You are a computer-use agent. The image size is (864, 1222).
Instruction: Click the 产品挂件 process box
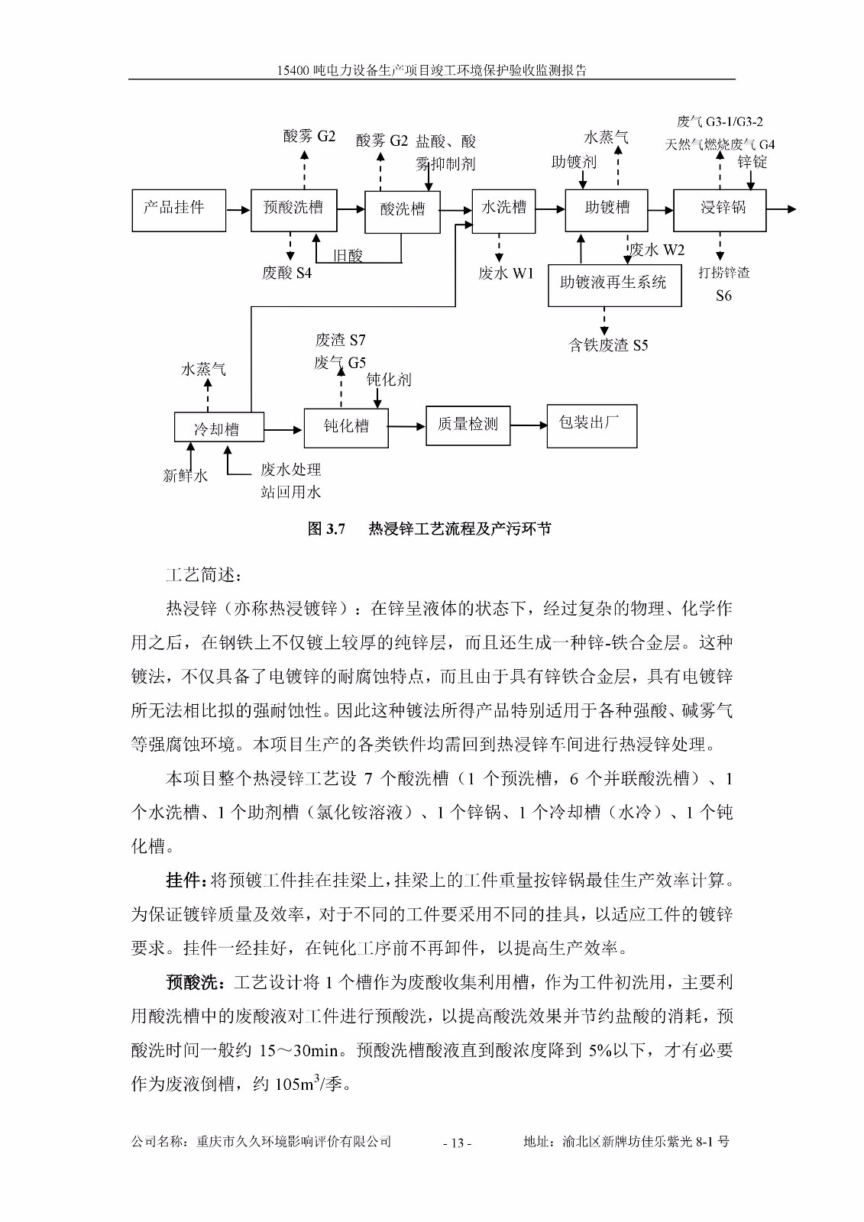(x=179, y=210)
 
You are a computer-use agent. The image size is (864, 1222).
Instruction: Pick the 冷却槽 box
(x=218, y=428)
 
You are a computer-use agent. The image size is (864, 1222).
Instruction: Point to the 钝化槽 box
(x=346, y=427)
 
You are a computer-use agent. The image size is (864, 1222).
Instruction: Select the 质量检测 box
(x=468, y=425)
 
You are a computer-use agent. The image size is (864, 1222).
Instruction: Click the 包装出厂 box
(x=591, y=425)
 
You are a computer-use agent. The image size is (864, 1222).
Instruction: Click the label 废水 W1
(x=506, y=273)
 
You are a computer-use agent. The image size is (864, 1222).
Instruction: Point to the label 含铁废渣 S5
(x=608, y=346)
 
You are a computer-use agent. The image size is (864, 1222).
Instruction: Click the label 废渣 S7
(x=340, y=341)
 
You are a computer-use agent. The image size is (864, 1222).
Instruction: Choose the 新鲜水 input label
(x=185, y=476)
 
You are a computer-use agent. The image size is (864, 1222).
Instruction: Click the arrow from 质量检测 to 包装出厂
(x=529, y=425)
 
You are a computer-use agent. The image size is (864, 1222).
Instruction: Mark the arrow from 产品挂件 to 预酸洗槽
(x=238, y=209)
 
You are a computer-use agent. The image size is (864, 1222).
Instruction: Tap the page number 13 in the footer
(x=457, y=1143)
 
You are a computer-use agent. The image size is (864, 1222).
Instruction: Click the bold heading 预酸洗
(x=194, y=983)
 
